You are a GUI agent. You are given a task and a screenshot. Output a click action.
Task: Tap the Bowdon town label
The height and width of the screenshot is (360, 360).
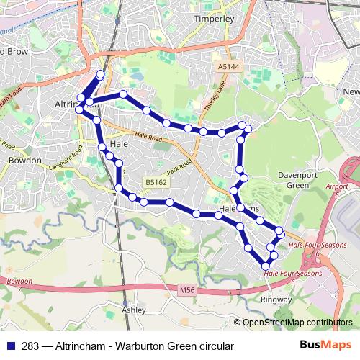coord(24,161)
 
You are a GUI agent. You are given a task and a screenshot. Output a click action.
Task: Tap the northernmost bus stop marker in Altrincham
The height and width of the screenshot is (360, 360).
coord(100,74)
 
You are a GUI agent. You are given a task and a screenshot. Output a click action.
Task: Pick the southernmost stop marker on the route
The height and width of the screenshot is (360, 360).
coord(265,266)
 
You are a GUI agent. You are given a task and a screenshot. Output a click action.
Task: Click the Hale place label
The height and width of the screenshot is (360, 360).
coord(118,144)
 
